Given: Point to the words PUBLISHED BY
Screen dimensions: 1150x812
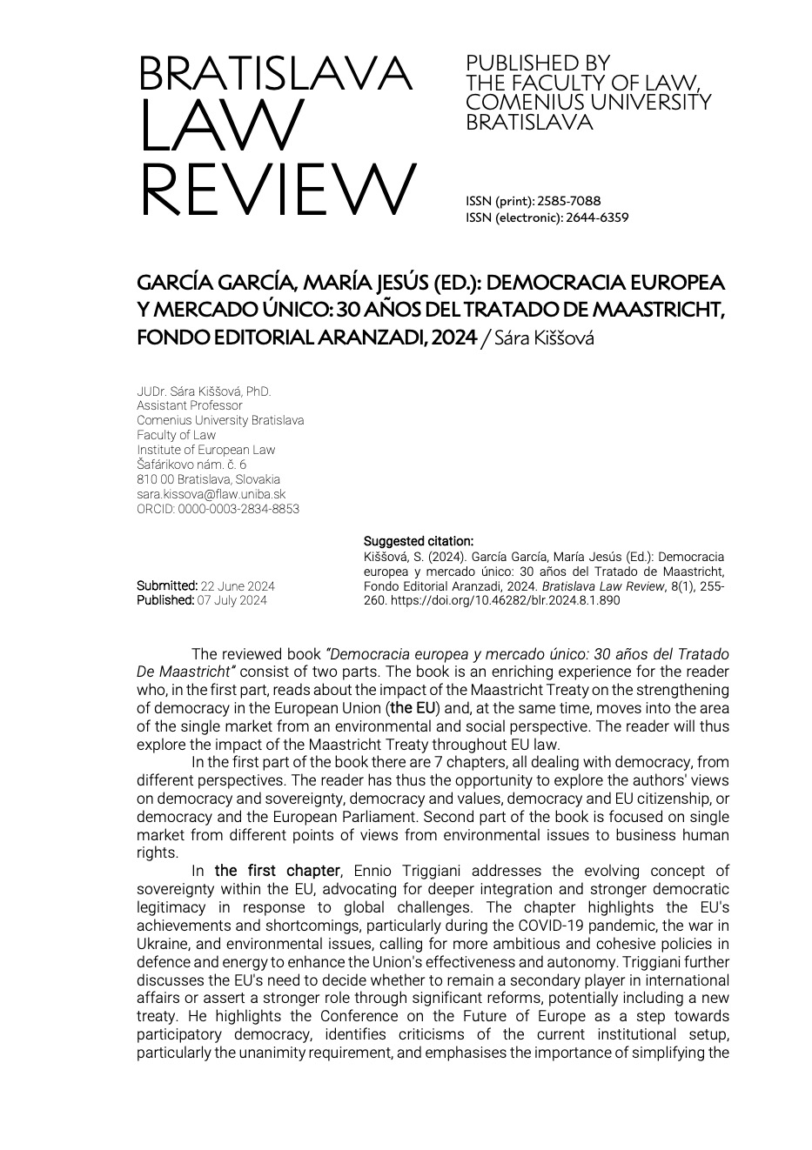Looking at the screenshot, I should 538,64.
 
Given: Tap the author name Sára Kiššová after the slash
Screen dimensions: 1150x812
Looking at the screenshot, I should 543,338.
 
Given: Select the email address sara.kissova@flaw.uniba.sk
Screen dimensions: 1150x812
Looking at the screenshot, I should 211,494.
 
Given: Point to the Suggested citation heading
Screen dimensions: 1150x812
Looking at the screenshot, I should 418,541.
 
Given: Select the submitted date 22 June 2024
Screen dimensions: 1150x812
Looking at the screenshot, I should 238,586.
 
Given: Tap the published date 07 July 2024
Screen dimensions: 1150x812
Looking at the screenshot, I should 232,600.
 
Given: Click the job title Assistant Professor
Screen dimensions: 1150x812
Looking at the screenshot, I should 190,405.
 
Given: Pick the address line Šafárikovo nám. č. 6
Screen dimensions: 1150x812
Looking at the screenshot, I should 191,465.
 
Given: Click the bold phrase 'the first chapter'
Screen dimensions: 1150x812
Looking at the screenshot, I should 277,871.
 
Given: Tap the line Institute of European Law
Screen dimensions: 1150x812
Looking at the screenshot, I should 205,450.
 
